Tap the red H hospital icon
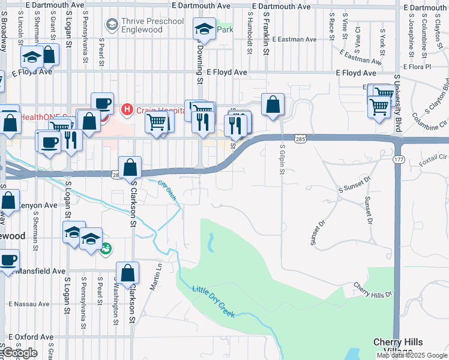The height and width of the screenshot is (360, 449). coord(127,109)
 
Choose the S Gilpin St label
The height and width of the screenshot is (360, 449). coord(282,160)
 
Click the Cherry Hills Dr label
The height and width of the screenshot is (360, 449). coord(372,290)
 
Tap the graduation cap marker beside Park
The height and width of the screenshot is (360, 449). coord(204,28)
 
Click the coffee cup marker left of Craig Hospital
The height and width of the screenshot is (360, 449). coord(102,103)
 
